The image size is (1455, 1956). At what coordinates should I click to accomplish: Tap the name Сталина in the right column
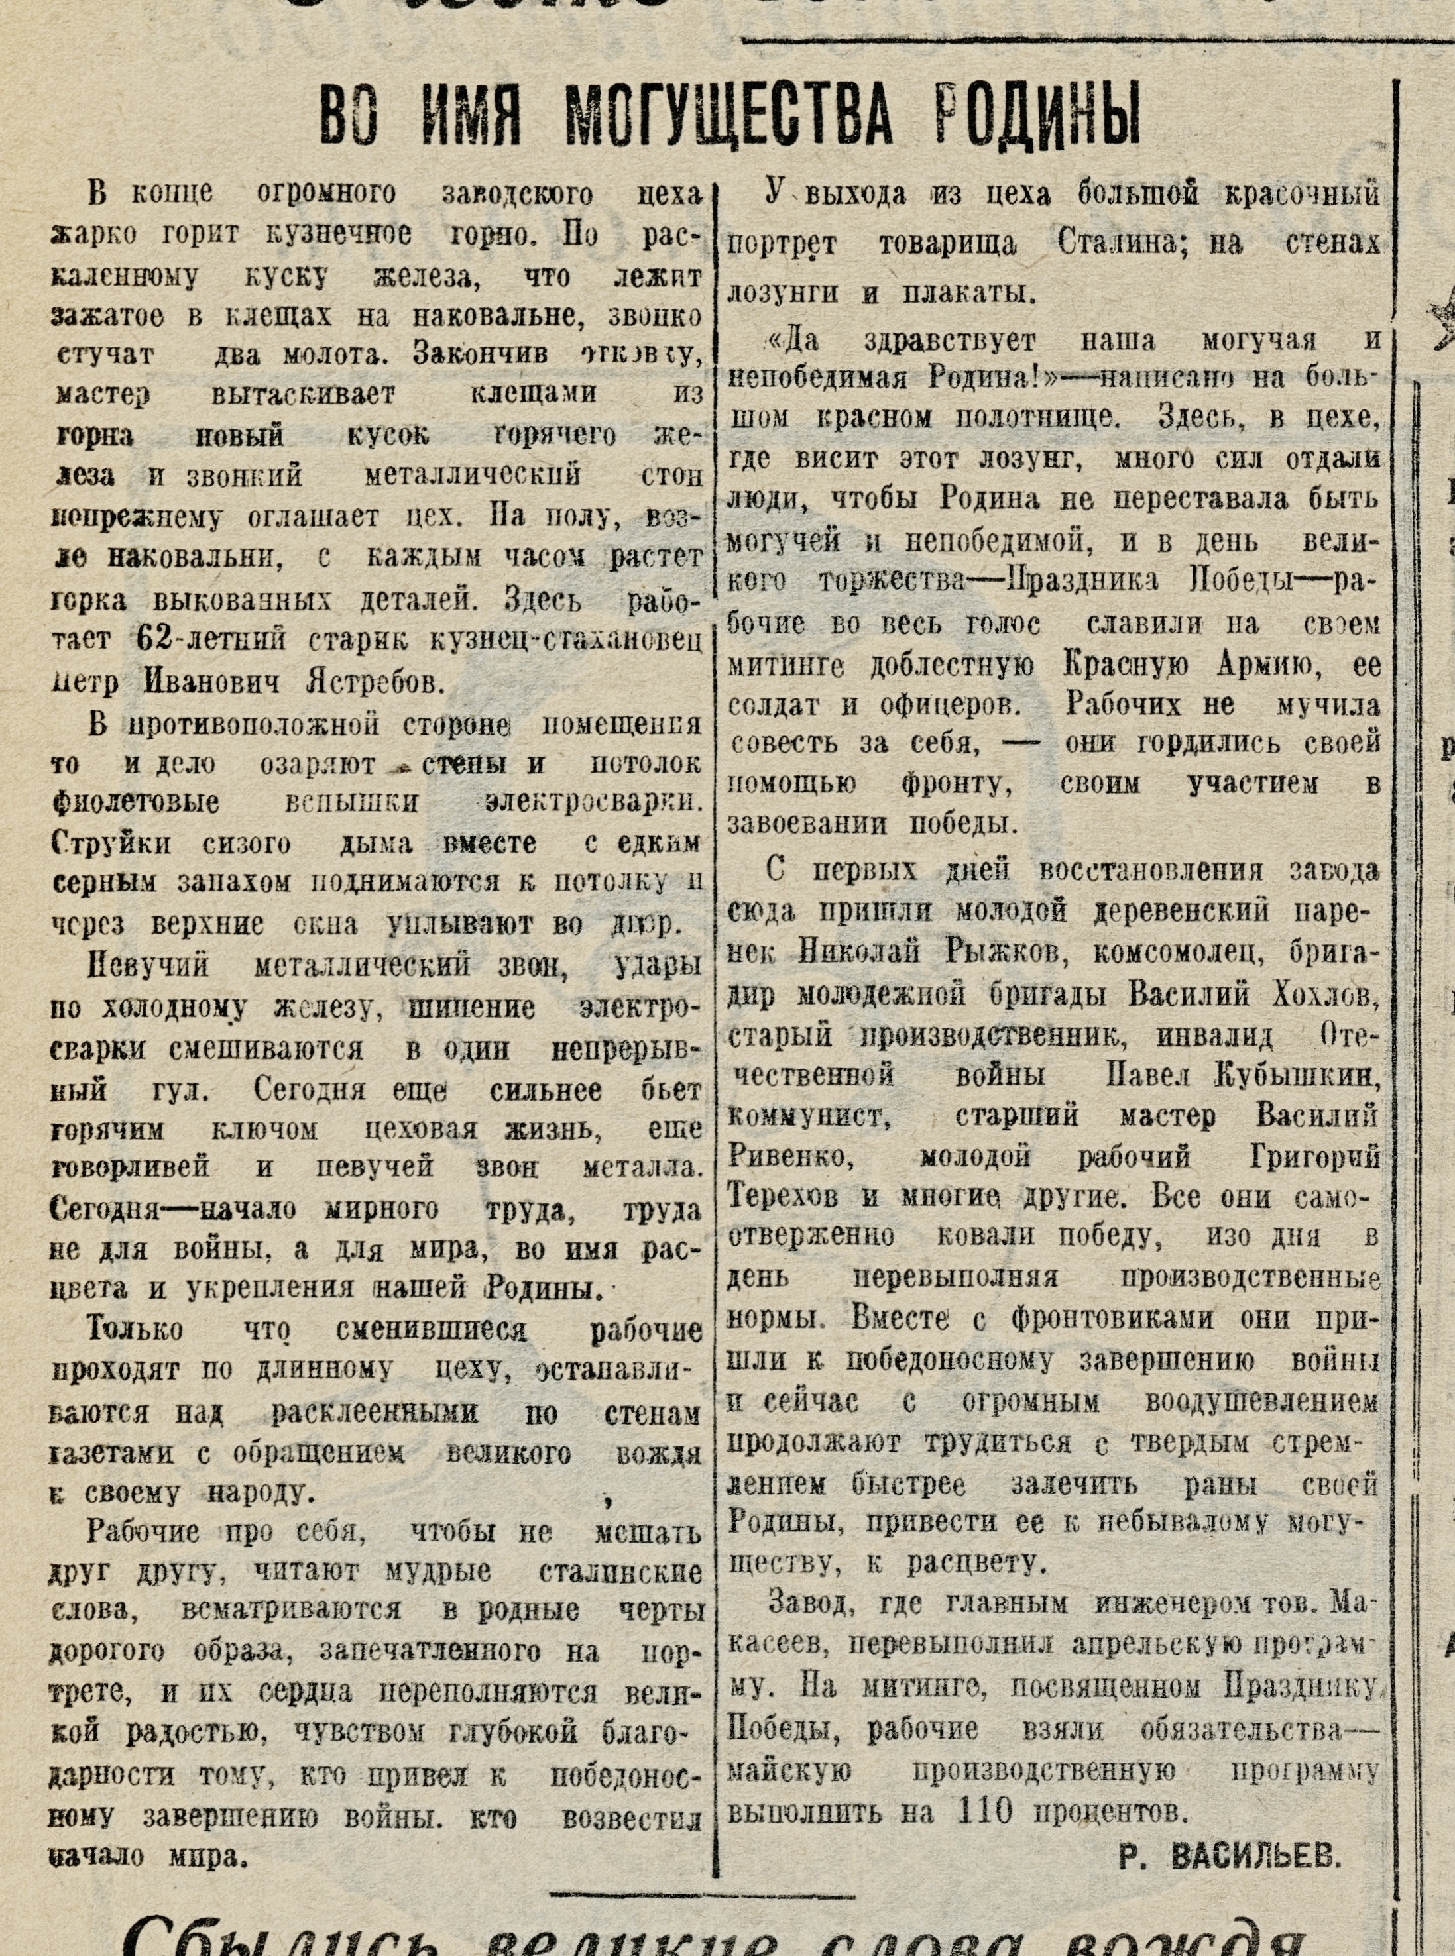[x=1123, y=244]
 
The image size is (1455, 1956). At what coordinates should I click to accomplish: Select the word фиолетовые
[x=137, y=803]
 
